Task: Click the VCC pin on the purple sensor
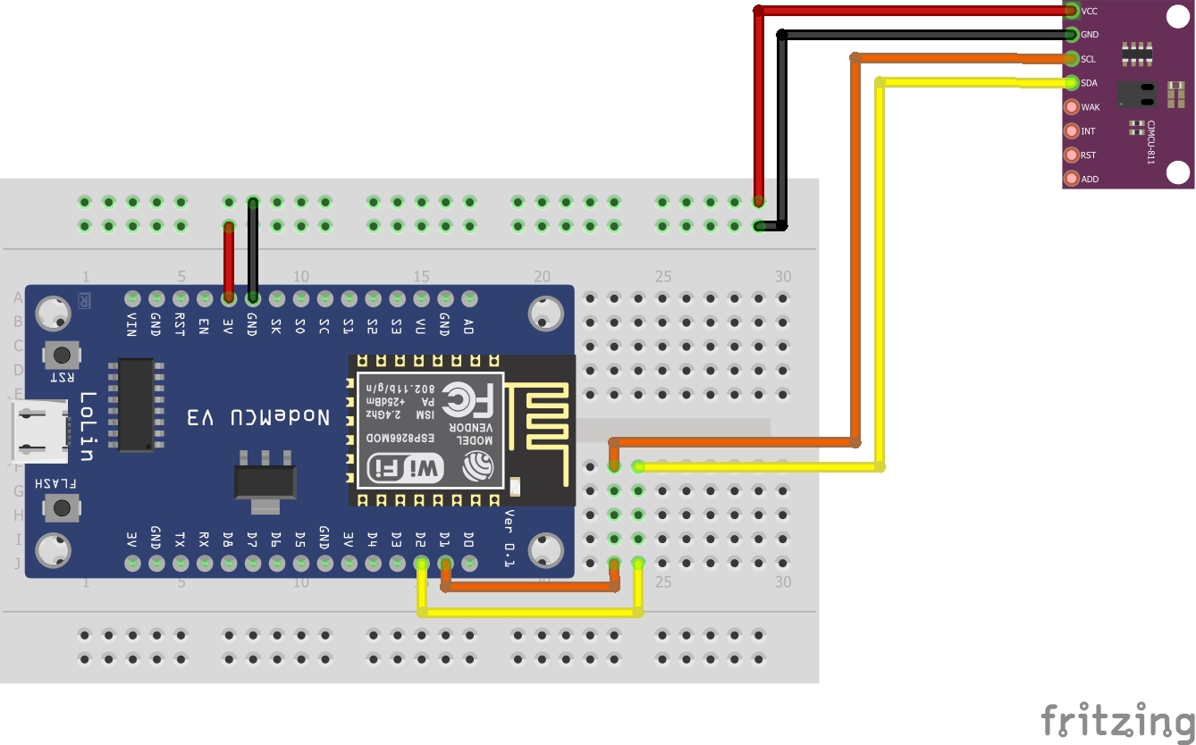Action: pos(1072,11)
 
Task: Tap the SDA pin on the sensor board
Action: pos(1072,83)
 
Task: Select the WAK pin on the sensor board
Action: pos(1072,107)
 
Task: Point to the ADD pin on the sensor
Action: pos(1072,179)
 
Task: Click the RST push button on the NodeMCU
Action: pos(62,355)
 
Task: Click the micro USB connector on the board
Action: pos(41,432)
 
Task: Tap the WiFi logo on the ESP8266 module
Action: pos(405,467)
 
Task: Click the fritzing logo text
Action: pos(1116,719)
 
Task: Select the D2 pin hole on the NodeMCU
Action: pos(422,563)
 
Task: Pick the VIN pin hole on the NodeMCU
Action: pos(132,297)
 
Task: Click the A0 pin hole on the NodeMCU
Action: pos(469,297)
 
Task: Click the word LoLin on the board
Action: pos(87,426)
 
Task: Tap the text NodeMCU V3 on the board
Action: pos(258,417)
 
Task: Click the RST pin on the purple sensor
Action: pos(1072,155)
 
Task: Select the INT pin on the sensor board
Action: pos(1072,131)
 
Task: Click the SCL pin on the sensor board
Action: pos(1072,59)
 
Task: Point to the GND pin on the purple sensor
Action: pos(1072,35)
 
